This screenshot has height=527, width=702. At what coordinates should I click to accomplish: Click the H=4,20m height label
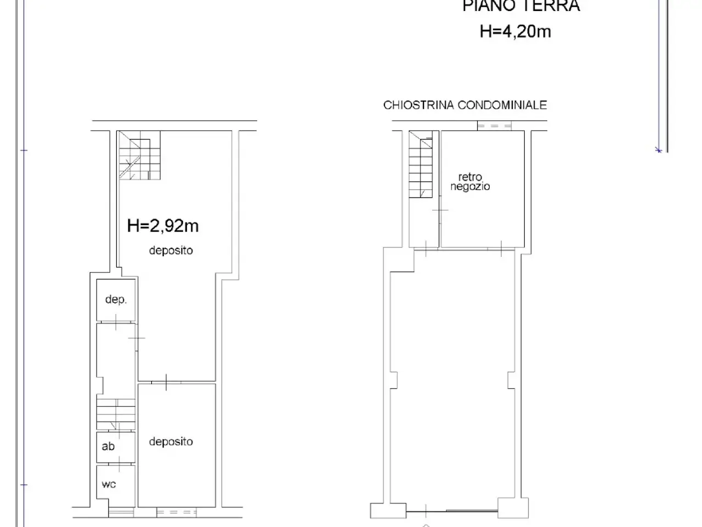[515, 32]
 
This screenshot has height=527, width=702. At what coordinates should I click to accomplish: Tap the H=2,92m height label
[163, 226]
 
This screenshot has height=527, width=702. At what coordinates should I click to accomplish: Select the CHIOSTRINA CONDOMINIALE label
[465, 105]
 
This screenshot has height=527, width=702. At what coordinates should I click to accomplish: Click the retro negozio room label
[470, 182]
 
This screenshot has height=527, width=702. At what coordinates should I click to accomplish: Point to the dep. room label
[116, 300]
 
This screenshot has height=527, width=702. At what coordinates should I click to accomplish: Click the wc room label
[109, 484]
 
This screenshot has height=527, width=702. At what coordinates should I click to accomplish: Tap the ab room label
[108, 446]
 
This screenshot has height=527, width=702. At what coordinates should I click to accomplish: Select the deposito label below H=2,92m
[171, 250]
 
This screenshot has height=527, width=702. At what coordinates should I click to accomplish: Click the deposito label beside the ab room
[171, 442]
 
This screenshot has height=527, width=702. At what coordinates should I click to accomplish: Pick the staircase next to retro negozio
[421, 165]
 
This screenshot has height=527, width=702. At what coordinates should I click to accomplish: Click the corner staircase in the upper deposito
[139, 155]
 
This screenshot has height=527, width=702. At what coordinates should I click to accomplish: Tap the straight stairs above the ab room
[116, 414]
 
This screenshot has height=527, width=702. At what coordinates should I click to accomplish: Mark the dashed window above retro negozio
[494, 126]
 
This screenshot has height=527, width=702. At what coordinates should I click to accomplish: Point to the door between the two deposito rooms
[166, 383]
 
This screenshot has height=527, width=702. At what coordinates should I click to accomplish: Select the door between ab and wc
[119, 464]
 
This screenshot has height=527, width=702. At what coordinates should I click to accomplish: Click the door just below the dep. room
[116, 322]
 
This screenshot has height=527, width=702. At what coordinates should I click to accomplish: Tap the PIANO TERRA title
[521, 5]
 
